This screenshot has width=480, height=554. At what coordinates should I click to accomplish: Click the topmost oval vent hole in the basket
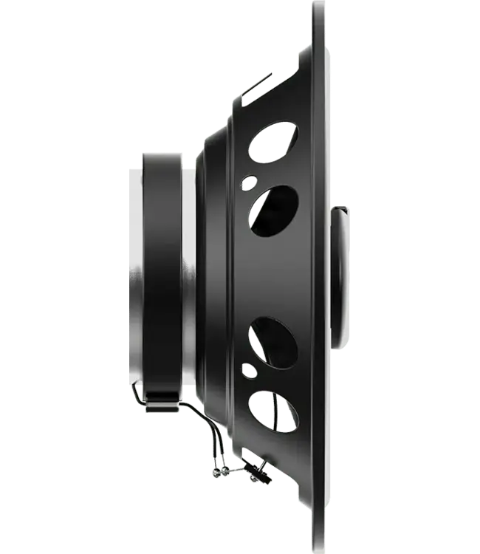click(x=273, y=140)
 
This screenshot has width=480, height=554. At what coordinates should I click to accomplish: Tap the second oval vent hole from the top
click(x=273, y=211)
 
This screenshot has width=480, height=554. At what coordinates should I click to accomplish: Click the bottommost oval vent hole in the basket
click(x=272, y=411)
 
